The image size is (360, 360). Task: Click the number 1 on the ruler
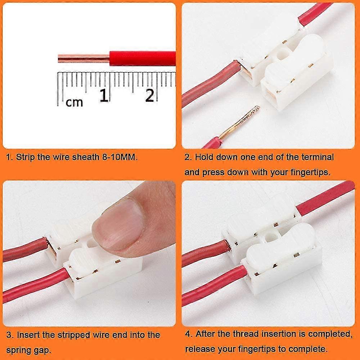[104, 95]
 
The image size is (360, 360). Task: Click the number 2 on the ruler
[150, 95]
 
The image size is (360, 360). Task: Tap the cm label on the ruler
[74, 102]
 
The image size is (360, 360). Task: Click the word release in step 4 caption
[198, 349]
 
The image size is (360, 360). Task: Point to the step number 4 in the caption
[188, 334]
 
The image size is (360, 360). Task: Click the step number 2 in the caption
[187, 157]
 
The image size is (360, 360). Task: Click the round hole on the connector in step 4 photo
[270, 237]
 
